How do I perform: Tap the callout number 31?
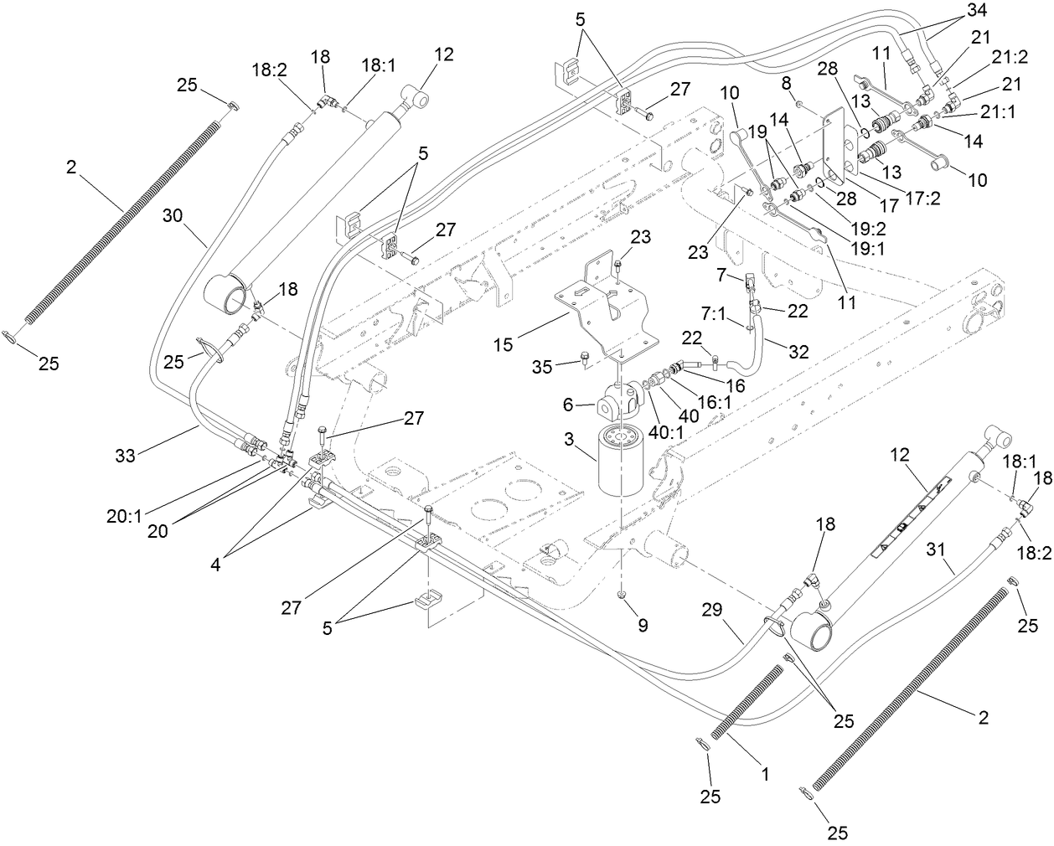pos(937,550)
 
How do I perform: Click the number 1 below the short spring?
pos(764,776)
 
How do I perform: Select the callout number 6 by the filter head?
pos(569,405)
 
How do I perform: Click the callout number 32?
pos(798,352)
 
